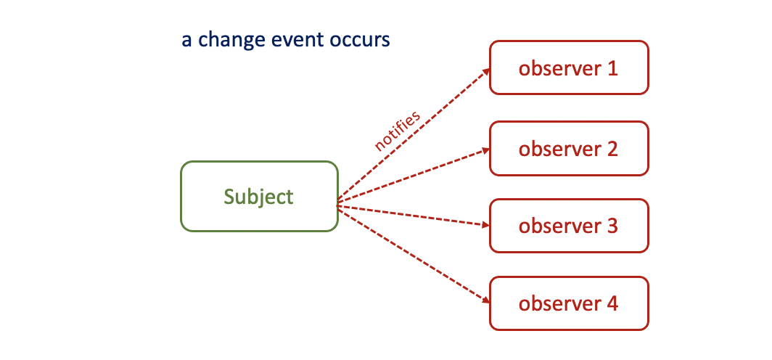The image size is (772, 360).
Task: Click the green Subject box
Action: pos(259,197)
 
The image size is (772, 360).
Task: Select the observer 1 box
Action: pos(569,67)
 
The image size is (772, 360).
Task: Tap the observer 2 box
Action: pos(569,149)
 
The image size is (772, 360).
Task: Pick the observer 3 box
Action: pos(569,226)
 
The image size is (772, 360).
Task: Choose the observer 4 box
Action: pos(569,303)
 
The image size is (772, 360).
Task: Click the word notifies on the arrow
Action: pos(397,131)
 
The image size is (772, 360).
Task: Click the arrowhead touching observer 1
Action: pos(485,70)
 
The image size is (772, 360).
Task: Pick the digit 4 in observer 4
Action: pos(612,303)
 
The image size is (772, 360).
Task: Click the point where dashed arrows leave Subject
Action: pos(338,205)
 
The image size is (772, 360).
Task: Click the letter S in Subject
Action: pos(230,197)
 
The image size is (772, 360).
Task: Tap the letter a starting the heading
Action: pos(186,41)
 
